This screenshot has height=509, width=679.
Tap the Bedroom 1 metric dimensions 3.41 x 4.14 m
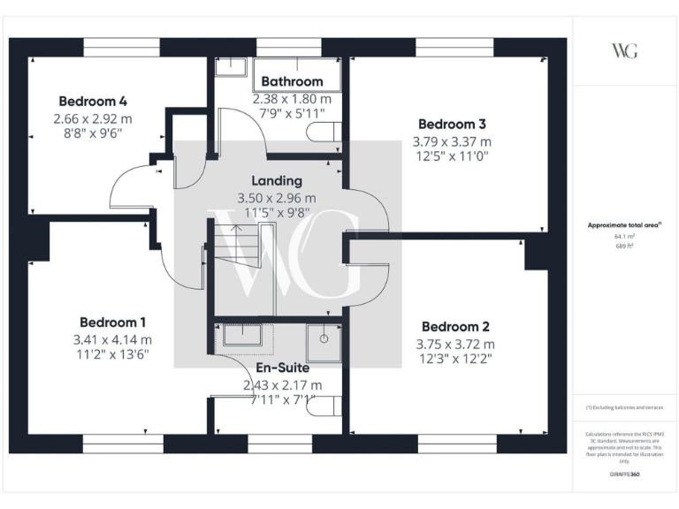pyautogui.click(x=113, y=338)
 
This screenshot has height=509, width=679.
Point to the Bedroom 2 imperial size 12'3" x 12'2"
pyautogui.click(x=455, y=359)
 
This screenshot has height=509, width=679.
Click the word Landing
pyautogui.click(x=277, y=181)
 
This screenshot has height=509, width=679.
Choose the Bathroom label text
pyautogui.click(x=292, y=82)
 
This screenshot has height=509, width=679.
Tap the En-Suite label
pyautogui.click(x=283, y=368)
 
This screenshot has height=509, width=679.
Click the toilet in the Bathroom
pyautogui.click(x=324, y=133)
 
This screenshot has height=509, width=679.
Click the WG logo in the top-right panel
pyautogui.click(x=624, y=50)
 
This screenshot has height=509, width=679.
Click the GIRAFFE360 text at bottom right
pyautogui.click(x=624, y=475)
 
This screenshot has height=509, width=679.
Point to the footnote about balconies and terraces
pyautogui.click(x=624, y=407)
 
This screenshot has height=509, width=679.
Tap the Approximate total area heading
pyautogui.click(x=624, y=226)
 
